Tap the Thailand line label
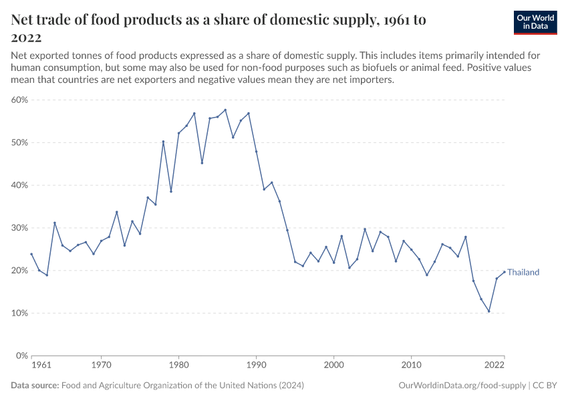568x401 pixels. (523, 273)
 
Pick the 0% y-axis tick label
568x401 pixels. (23, 356)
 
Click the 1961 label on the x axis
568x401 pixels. (41, 366)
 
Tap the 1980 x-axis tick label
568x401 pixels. (178, 366)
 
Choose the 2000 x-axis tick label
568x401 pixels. (333, 366)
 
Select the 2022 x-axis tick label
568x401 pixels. (494, 366)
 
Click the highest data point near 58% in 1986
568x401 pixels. (225, 110)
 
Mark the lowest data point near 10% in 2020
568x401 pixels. (488, 311)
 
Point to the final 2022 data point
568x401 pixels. (504, 272)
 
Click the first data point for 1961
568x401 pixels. (31, 254)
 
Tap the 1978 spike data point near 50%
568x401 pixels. (163, 141)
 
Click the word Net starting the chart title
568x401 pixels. (24, 20)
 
